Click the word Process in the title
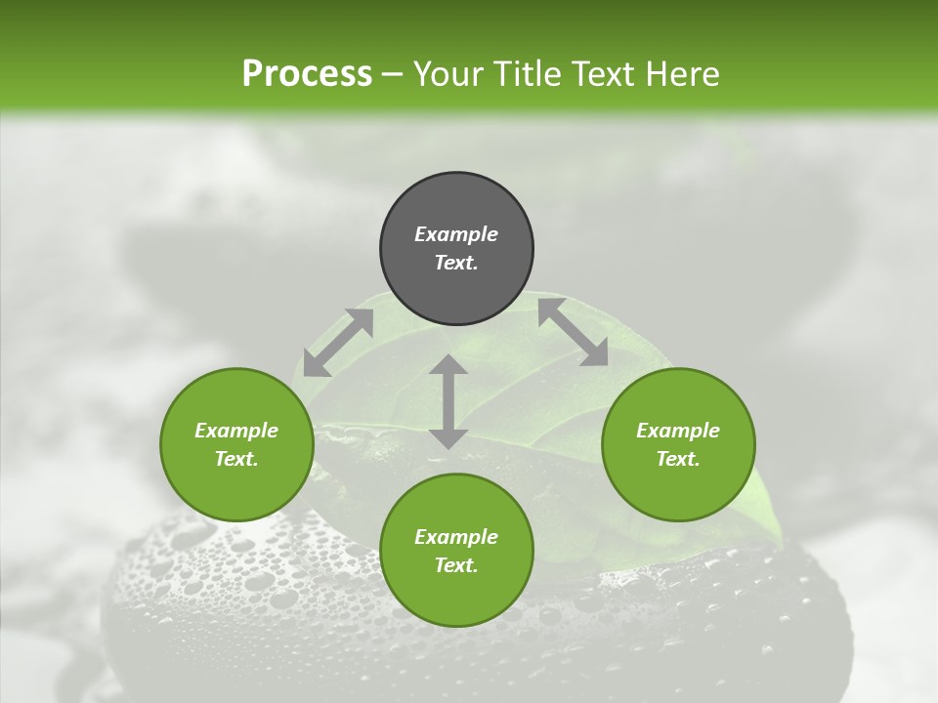[x=307, y=74]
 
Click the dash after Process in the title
[x=392, y=75]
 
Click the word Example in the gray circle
[x=456, y=234]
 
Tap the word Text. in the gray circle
[x=456, y=263]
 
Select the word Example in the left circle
[x=236, y=431]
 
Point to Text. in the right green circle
[x=678, y=459]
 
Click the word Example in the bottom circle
[x=456, y=537]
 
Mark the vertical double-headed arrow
[x=448, y=401]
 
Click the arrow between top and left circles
[x=338, y=343]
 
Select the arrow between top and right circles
[x=573, y=332]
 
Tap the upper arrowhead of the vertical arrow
[x=448, y=364]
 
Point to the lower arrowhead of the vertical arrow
[x=448, y=438]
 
